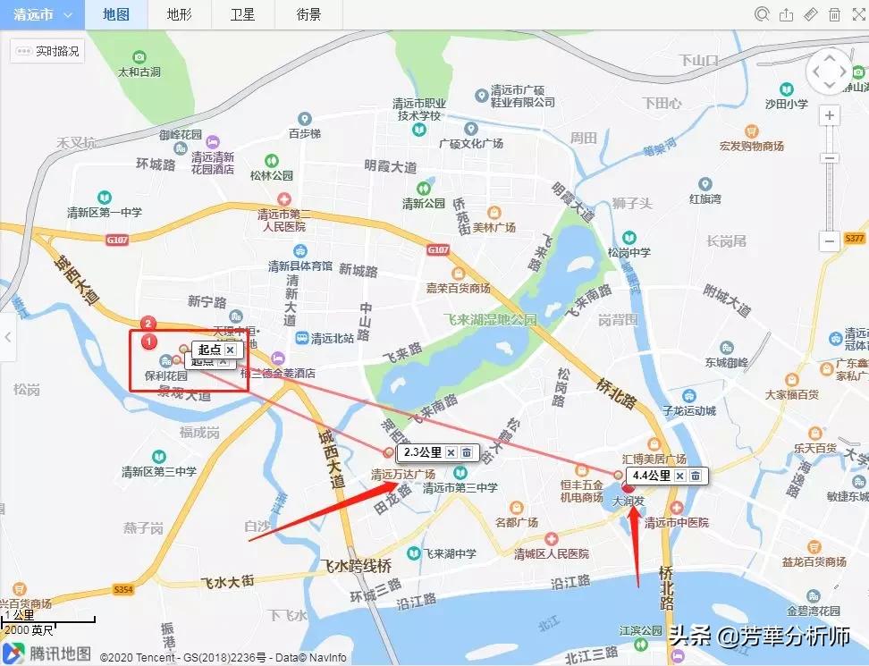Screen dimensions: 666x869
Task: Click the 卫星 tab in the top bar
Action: click(x=242, y=14)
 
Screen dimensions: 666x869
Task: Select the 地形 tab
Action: click(x=179, y=14)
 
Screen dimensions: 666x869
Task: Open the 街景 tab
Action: click(x=309, y=14)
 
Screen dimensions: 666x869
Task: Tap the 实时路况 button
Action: click(x=48, y=51)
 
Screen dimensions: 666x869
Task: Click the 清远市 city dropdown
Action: click(x=43, y=14)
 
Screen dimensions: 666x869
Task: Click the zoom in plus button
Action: click(x=831, y=116)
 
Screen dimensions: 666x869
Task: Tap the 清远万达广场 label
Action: click(x=403, y=474)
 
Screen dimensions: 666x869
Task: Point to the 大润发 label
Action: click(x=629, y=502)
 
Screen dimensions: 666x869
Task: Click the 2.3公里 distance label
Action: click(x=417, y=452)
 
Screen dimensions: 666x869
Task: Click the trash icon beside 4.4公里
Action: click(x=695, y=476)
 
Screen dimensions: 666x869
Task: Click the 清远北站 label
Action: click(x=332, y=339)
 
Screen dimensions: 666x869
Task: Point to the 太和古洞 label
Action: click(x=139, y=72)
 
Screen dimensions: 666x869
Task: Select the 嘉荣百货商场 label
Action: click(x=459, y=288)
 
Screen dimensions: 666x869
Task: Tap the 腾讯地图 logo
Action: click(x=48, y=653)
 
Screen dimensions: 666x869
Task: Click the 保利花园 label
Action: click(x=165, y=375)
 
